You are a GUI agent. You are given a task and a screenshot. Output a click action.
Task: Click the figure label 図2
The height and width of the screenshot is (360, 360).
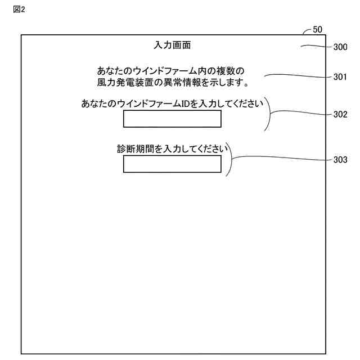point(20,10)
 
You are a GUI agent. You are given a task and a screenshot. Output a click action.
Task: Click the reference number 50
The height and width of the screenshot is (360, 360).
point(317,30)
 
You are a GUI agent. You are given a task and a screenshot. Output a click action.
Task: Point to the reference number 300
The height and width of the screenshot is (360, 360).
point(340,48)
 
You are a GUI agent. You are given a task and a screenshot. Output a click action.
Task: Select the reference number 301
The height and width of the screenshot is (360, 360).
point(340,77)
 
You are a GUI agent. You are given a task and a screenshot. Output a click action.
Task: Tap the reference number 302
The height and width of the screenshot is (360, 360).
point(340,114)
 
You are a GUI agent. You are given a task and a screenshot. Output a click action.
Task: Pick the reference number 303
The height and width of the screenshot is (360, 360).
point(340,160)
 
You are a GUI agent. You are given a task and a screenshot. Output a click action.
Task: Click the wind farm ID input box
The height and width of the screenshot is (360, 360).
point(172,119)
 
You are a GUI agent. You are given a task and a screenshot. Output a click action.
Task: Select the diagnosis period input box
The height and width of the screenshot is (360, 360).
point(172,164)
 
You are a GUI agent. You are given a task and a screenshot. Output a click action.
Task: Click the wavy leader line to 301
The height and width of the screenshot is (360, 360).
point(298,76)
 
